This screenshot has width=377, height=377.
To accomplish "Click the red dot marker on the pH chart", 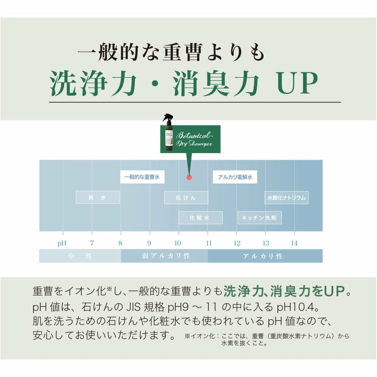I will [x=189, y=177].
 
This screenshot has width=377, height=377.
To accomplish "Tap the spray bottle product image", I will [x=167, y=134].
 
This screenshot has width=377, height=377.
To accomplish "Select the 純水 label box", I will [x=98, y=197].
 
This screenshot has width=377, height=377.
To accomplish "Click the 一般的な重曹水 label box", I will [x=142, y=177].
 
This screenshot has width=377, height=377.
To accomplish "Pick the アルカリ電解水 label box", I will [x=235, y=177].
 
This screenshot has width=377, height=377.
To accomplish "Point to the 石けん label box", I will [x=186, y=197].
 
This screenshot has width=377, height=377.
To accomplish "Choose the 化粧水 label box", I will [x=200, y=218].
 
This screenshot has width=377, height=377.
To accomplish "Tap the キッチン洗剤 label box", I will [x=260, y=218].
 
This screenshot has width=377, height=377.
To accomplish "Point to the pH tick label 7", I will [x=92, y=243].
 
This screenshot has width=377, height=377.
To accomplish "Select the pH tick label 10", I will [x=178, y=243].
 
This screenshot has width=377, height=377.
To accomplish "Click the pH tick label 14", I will [x=294, y=243].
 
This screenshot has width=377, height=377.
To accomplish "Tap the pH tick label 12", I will [x=237, y=243].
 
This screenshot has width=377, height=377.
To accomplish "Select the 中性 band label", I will [x=80, y=256].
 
